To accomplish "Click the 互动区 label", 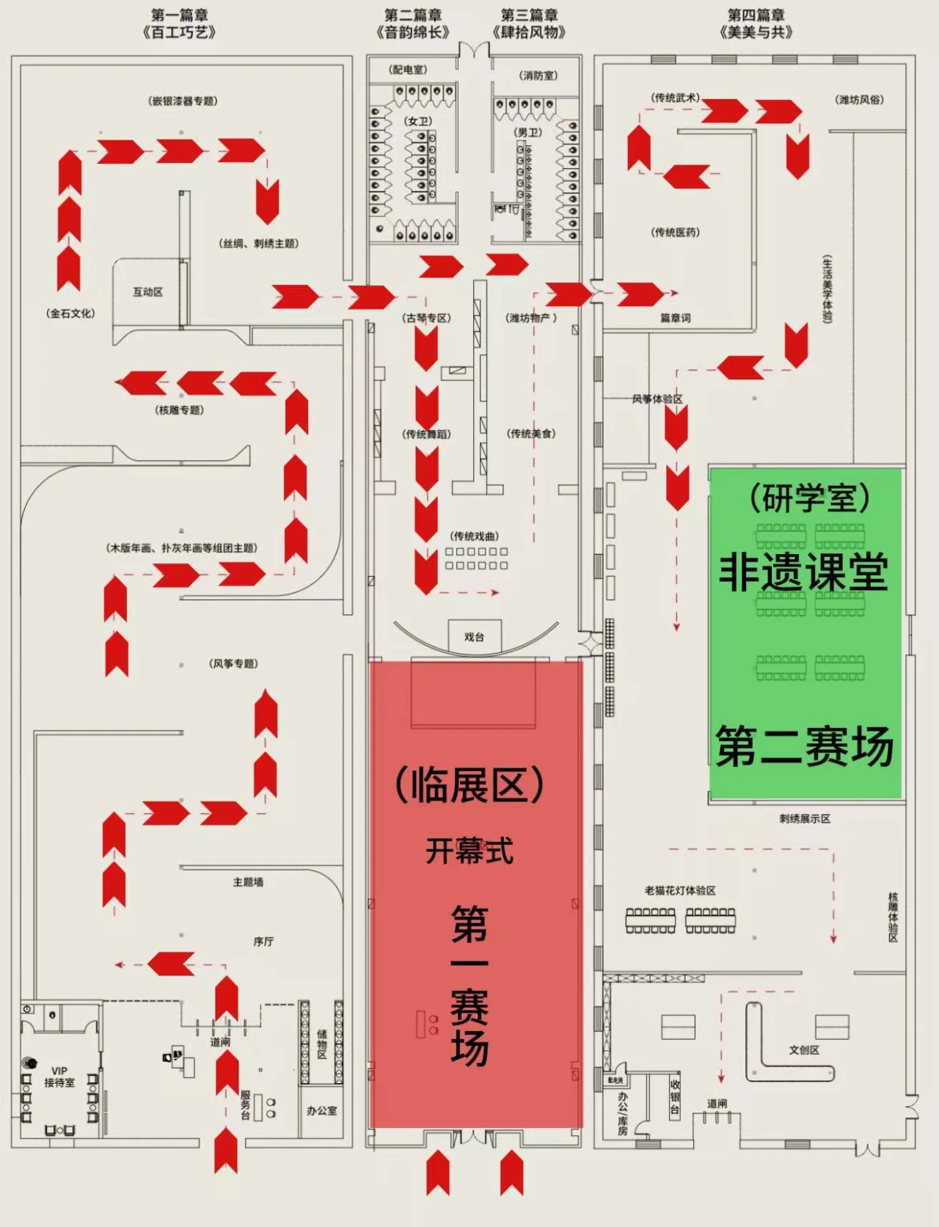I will (147, 292).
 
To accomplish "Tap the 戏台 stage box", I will (474, 637).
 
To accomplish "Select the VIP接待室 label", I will (59, 1077).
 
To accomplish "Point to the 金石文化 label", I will (70, 313).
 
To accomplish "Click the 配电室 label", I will (408, 70).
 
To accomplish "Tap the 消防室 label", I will (538, 76).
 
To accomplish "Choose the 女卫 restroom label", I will (419, 121).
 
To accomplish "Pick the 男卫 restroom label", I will (527, 132).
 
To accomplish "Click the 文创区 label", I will (804, 1050).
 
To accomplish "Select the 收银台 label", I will (675, 1096).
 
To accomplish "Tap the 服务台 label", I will (246, 1104).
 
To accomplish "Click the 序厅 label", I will (263, 942).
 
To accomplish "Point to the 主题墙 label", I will (248, 882).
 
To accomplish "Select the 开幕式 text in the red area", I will (469, 851).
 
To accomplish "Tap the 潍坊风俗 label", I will (859, 100).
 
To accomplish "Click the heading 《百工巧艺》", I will (179, 32).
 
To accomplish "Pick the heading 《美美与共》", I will (756, 32).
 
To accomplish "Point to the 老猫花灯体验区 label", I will (680, 891).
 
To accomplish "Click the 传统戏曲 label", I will (475, 536).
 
